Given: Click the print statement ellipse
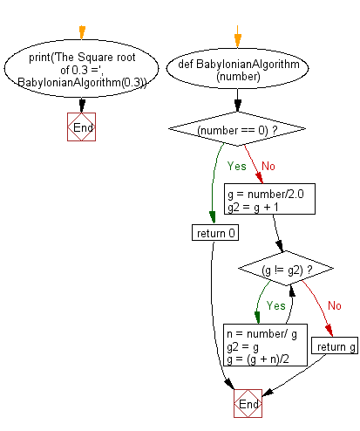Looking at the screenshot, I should pyautogui.click(x=82, y=68).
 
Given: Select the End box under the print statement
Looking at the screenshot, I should pyautogui.click(x=82, y=127).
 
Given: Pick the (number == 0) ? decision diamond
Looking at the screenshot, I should pyautogui.click(x=236, y=130).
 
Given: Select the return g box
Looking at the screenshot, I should pyautogui.click(x=334, y=347).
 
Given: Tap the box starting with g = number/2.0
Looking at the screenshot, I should pyautogui.click(x=264, y=197).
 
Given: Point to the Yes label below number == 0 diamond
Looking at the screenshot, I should pyautogui.click(x=236, y=165).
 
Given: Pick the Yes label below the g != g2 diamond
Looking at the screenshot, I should pyautogui.click(x=275, y=306).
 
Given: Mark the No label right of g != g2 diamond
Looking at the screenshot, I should pyautogui.click(x=334, y=306).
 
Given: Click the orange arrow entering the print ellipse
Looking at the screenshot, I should pyautogui.click(x=82, y=34).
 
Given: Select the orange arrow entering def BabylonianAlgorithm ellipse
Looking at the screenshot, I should pyautogui.click(x=236, y=37).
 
